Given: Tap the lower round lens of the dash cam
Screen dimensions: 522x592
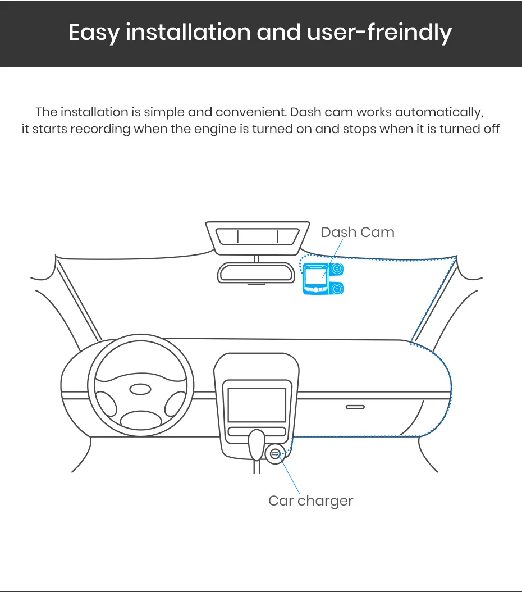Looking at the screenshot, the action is (337, 289).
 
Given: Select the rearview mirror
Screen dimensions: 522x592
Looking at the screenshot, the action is (256, 273).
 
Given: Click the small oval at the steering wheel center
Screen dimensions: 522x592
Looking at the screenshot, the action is (140, 389).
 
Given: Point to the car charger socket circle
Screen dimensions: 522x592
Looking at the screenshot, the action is (274, 453).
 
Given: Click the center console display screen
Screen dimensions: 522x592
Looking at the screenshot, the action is (257, 404).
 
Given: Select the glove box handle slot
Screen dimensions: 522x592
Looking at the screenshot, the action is (355, 407).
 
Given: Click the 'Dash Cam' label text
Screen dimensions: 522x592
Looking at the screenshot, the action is (358, 233).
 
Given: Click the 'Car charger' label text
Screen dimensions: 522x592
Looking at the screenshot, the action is (310, 500).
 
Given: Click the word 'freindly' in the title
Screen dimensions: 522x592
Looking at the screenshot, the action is (409, 33).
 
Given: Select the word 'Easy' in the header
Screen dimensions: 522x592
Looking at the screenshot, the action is (94, 33).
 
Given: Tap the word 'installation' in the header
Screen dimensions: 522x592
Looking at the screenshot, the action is (189, 33).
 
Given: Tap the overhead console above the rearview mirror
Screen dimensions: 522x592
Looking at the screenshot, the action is (258, 236).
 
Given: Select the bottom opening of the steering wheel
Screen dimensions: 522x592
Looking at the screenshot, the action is (141, 419).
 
